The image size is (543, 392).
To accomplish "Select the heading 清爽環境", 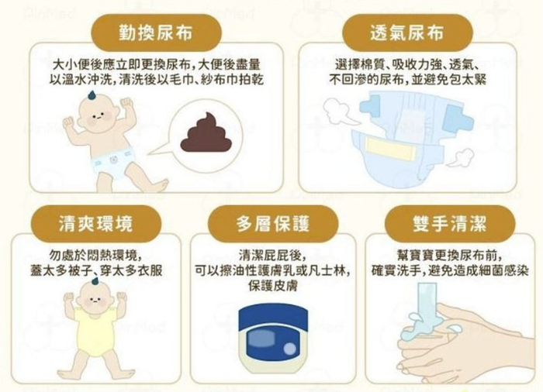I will pos(95,225).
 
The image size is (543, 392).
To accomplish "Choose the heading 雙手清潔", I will pos(449,225).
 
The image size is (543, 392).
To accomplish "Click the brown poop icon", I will pos(203,134).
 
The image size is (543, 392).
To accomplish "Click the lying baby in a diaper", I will pos(109,144).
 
